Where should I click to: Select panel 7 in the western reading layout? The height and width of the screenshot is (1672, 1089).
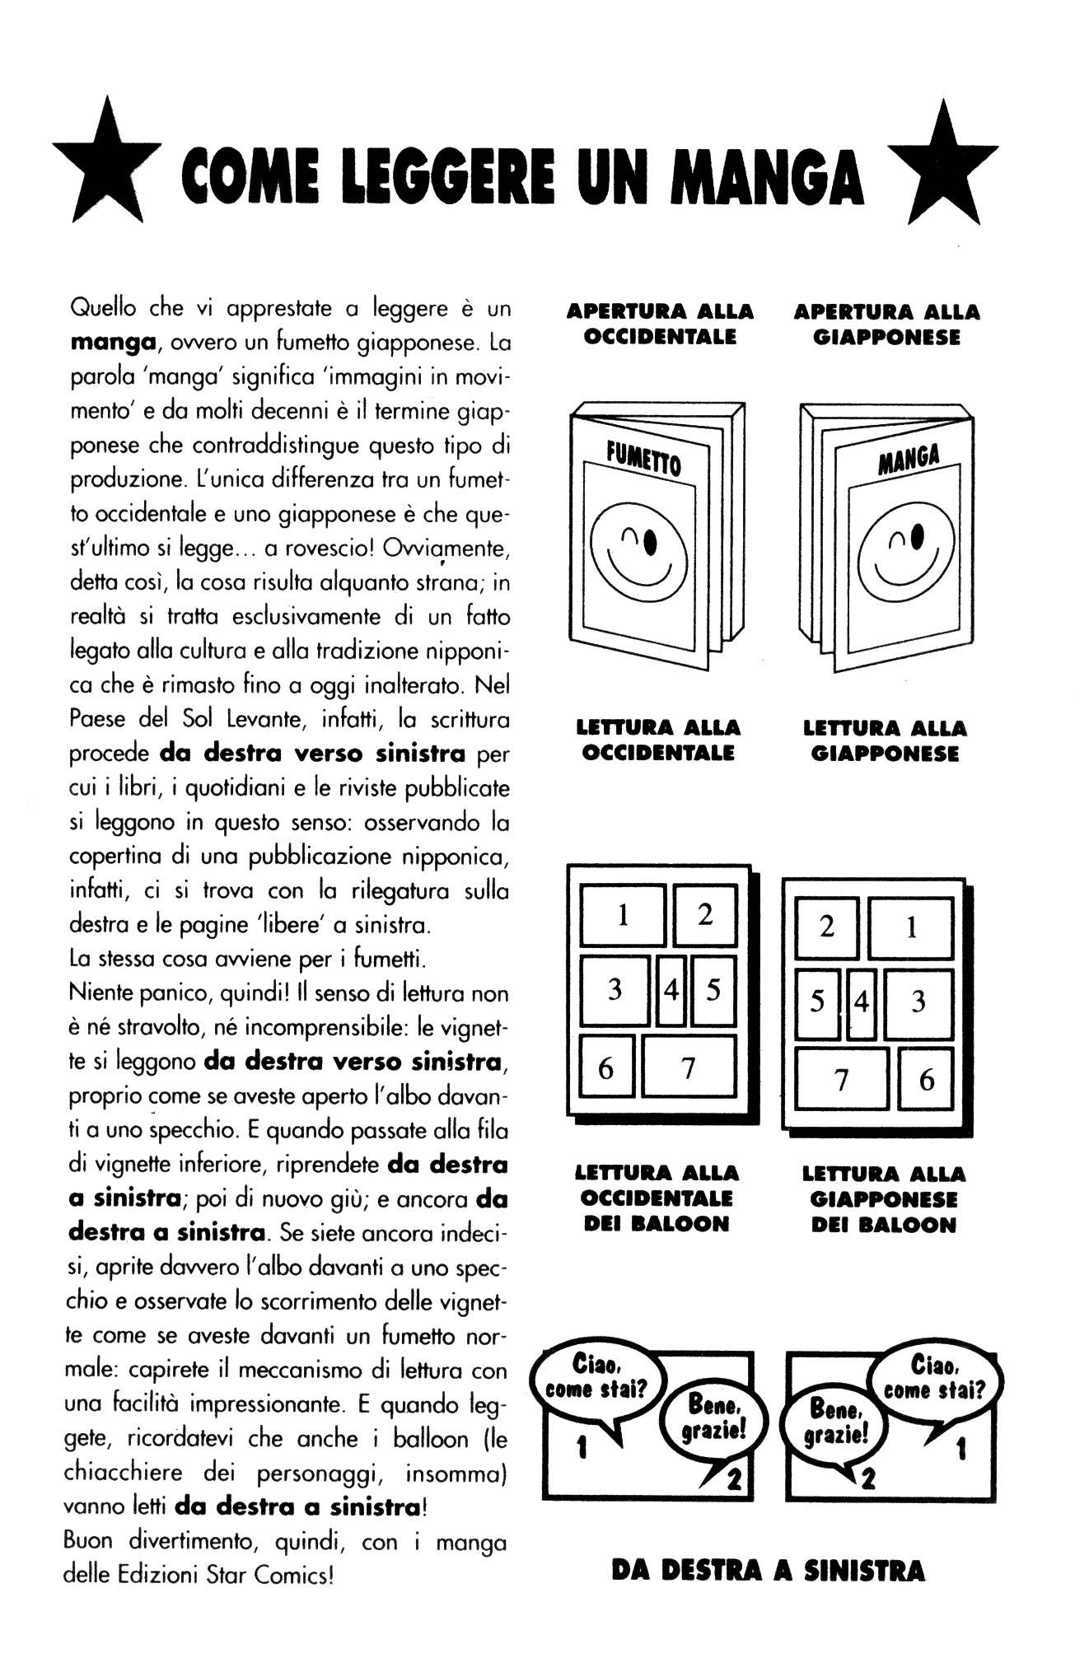[x=688, y=1067]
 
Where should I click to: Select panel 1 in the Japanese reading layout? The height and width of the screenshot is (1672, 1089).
[x=911, y=928]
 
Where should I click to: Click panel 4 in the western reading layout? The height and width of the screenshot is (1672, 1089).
[x=671, y=989]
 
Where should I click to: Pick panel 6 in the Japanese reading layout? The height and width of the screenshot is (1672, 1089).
[x=926, y=1080]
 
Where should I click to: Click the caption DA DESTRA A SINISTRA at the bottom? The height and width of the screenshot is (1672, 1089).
[x=768, y=1571]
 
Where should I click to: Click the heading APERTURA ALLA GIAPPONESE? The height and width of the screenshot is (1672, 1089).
[x=886, y=325]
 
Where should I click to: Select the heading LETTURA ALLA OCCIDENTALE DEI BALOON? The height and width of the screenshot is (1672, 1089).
[x=657, y=1198]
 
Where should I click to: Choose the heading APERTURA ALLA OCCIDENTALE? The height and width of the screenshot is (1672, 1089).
[x=660, y=324]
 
